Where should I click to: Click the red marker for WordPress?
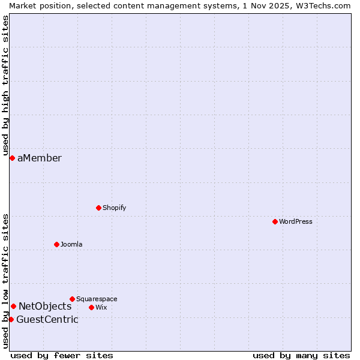275,221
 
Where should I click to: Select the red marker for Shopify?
98,208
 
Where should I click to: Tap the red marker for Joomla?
56,244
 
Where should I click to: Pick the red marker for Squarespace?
72,299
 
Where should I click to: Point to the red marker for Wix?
91,307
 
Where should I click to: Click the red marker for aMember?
12,158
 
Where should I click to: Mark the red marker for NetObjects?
13,306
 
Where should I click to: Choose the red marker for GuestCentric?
11,319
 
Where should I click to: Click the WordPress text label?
296,222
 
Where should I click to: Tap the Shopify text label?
114,208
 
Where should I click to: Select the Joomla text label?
71,245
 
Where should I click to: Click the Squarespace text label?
97,299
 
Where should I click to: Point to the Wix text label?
101,308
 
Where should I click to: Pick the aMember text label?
40,158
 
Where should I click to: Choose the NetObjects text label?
45,307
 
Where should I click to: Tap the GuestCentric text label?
47,320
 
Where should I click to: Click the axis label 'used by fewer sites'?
62,355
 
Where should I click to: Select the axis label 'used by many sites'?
301,355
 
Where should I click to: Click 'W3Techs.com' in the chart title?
326,5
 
